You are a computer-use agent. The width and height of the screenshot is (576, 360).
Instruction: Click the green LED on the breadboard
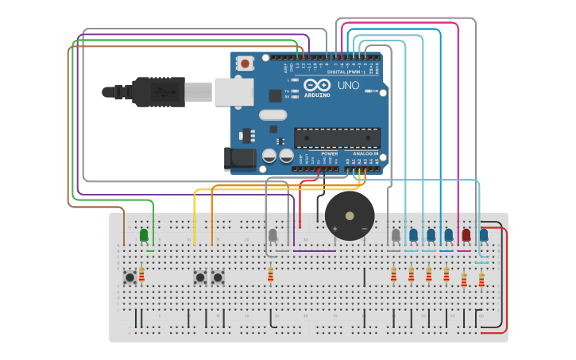pyautogui.click(x=144, y=234)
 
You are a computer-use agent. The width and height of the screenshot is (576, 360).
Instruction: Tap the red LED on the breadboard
pyautogui.click(x=466, y=234)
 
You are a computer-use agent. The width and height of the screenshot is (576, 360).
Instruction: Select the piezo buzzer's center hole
pyautogui.click(x=350, y=215)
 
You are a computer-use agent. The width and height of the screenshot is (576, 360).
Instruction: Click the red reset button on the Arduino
pyautogui.click(x=246, y=63)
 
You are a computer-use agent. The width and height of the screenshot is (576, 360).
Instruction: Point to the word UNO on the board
pyautogui.click(x=348, y=85)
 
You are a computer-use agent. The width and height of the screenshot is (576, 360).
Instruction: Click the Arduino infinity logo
pyautogui.click(x=317, y=85)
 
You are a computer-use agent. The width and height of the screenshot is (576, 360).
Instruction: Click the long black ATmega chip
pyautogui.click(x=337, y=137)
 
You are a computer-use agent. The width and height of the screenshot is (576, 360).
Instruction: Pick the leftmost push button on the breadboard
pyautogui.click(x=130, y=277)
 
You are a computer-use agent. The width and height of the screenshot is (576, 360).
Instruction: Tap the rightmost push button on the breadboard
pyautogui.click(x=217, y=277)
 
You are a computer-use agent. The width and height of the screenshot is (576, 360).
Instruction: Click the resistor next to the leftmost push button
pyautogui.click(x=142, y=274)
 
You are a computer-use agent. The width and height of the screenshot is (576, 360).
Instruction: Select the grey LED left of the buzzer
pyautogui.click(x=273, y=235)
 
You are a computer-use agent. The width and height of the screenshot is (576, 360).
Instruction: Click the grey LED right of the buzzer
pyautogui.click(x=396, y=234)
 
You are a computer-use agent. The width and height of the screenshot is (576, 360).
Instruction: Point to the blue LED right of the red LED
pyautogui.click(x=484, y=234)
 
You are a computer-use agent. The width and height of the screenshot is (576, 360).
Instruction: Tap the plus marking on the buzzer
pyautogui.click(x=334, y=229)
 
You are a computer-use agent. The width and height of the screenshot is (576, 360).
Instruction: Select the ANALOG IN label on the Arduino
pyautogui.click(x=366, y=153)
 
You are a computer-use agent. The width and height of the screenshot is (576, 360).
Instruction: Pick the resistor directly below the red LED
pyautogui.click(x=464, y=279)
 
